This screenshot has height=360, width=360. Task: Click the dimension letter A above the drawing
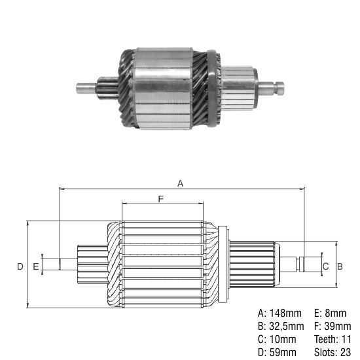181,183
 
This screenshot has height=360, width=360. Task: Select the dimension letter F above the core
161,199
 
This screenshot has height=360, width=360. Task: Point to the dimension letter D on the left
20,266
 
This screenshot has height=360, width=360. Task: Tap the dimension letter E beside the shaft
35,266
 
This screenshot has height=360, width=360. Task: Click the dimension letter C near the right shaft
325,266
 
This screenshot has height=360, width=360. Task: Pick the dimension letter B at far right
340,266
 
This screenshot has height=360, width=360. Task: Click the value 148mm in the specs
285,313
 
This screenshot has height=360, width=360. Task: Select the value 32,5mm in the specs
287,326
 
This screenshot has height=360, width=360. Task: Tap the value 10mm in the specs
283,339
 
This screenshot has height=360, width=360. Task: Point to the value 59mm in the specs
283,352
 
